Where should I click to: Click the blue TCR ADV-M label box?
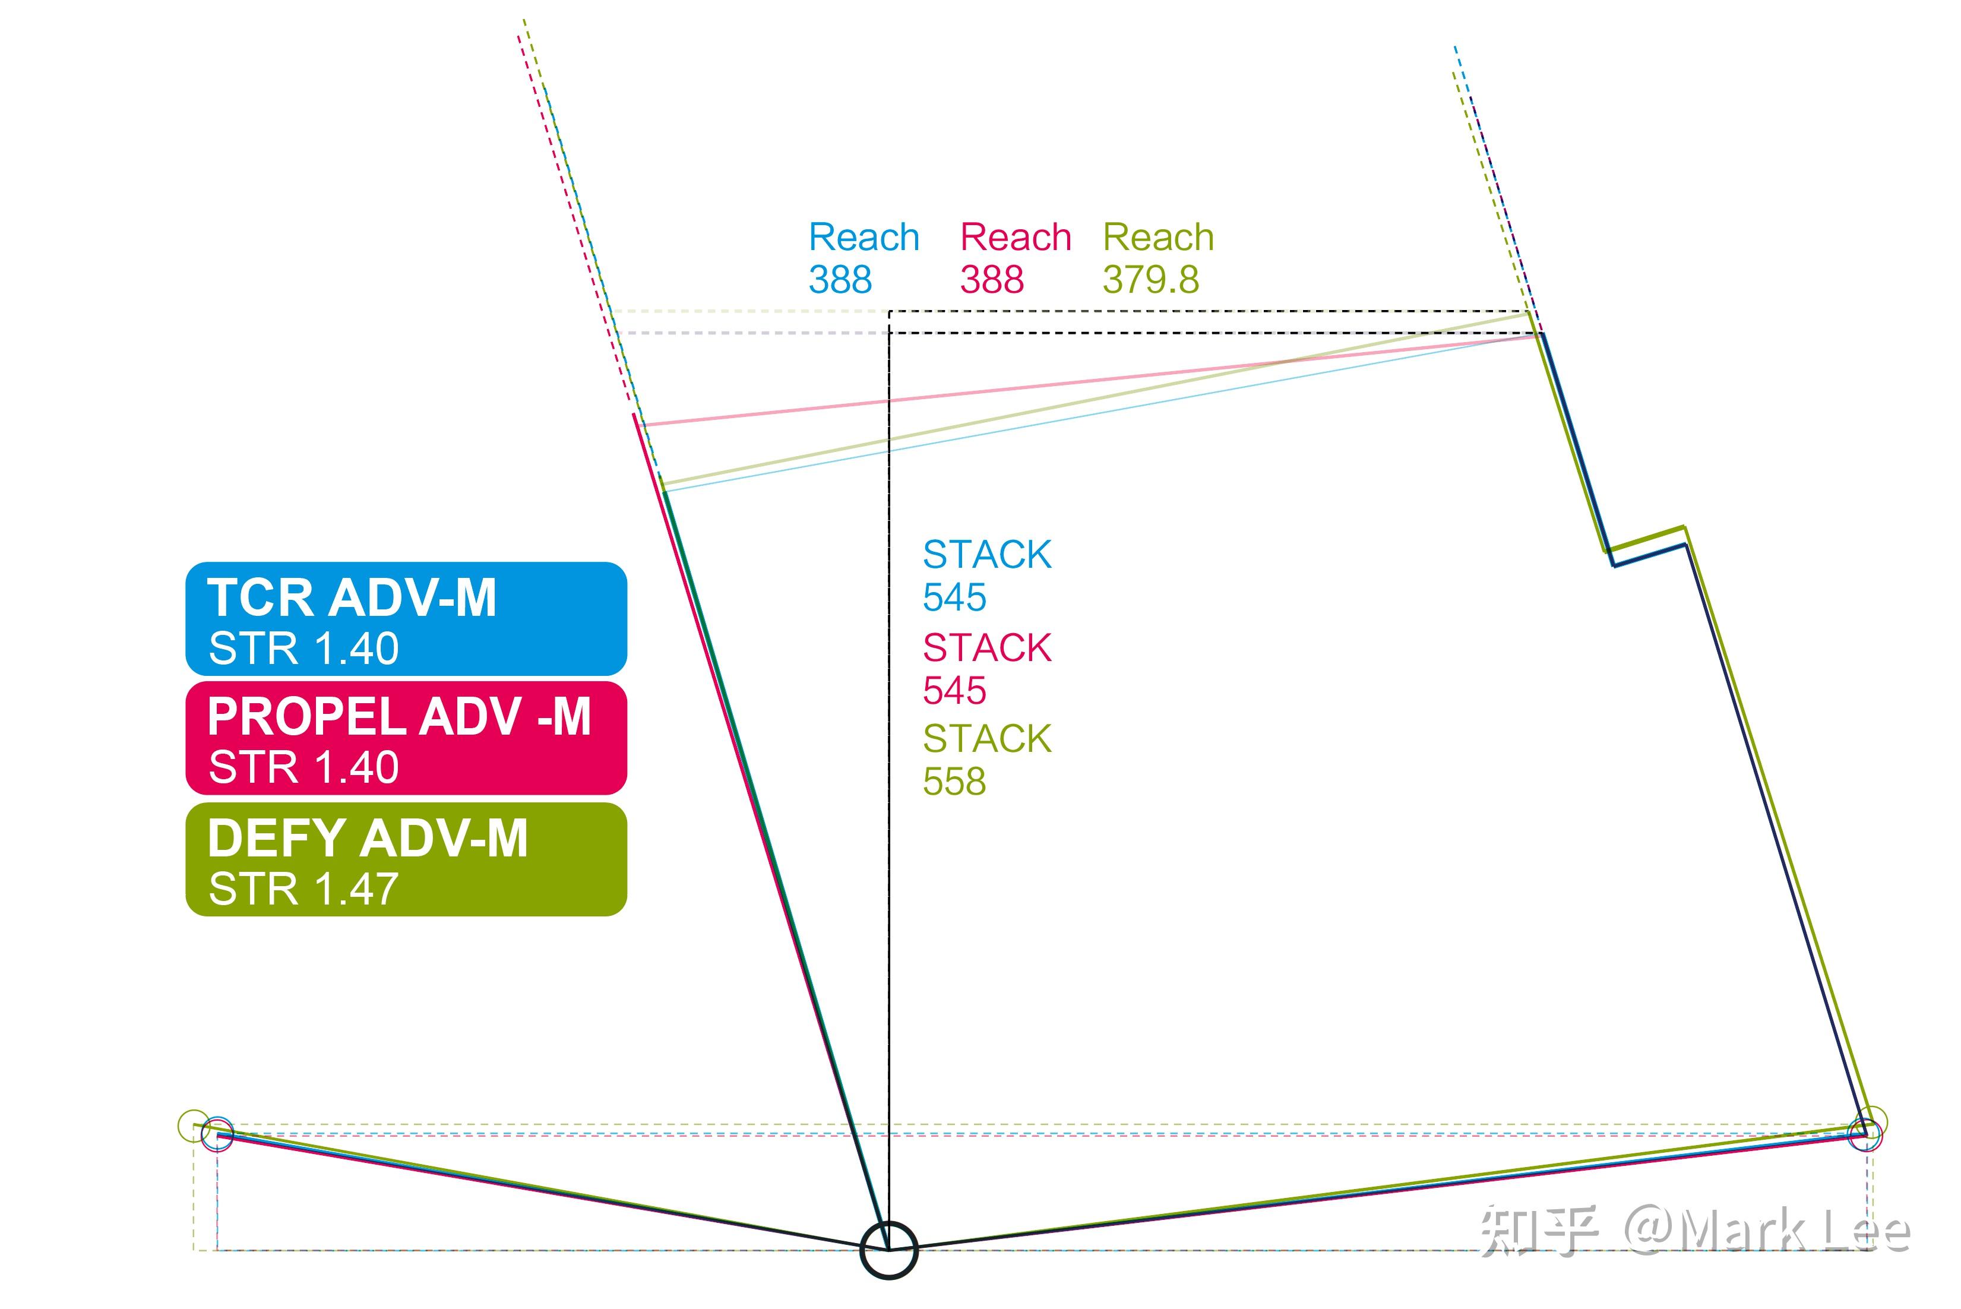(x=406, y=619)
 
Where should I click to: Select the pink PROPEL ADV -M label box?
(x=406, y=738)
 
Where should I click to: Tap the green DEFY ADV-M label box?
(x=406, y=859)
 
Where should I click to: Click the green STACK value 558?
(x=954, y=782)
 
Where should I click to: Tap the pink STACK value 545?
(x=954, y=690)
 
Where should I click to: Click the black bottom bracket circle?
(x=889, y=1250)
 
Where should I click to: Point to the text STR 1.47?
(x=303, y=889)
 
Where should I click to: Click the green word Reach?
(x=1158, y=237)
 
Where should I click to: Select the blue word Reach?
(x=864, y=237)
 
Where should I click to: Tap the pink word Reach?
(x=1015, y=237)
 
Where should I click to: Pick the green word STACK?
(x=987, y=739)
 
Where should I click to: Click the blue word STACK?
(x=987, y=554)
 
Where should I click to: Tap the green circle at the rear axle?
(x=194, y=1125)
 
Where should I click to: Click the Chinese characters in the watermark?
(x=1539, y=1231)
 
